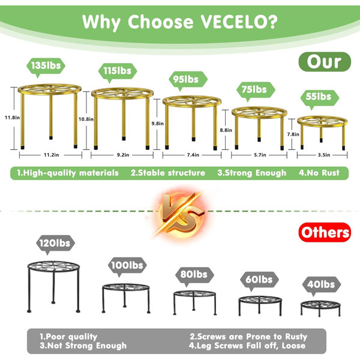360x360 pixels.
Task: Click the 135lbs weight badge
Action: (46, 66)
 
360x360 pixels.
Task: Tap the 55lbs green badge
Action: (320, 97)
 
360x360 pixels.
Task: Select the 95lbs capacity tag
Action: (188, 80)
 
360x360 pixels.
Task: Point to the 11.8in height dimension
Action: (13, 118)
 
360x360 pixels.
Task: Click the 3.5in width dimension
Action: (324, 155)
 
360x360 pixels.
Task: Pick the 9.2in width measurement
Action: (123, 155)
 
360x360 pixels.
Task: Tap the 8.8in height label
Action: (226, 130)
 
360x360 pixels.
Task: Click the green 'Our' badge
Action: (325, 62)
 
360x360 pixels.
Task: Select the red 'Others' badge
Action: (325, 232)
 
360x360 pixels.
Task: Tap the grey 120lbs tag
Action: (55, 244)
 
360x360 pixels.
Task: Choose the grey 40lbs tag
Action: (321, 284)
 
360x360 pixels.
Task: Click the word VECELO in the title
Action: (239, 22)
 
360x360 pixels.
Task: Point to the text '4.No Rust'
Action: (319, 173)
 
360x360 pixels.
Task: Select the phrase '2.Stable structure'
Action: (168, 173)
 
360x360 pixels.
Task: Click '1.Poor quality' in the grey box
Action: (68, 337)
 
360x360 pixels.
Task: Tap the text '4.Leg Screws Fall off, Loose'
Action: (247, 346)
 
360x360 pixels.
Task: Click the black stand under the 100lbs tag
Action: (126, 298)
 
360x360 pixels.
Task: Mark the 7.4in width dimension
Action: (193, 155)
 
